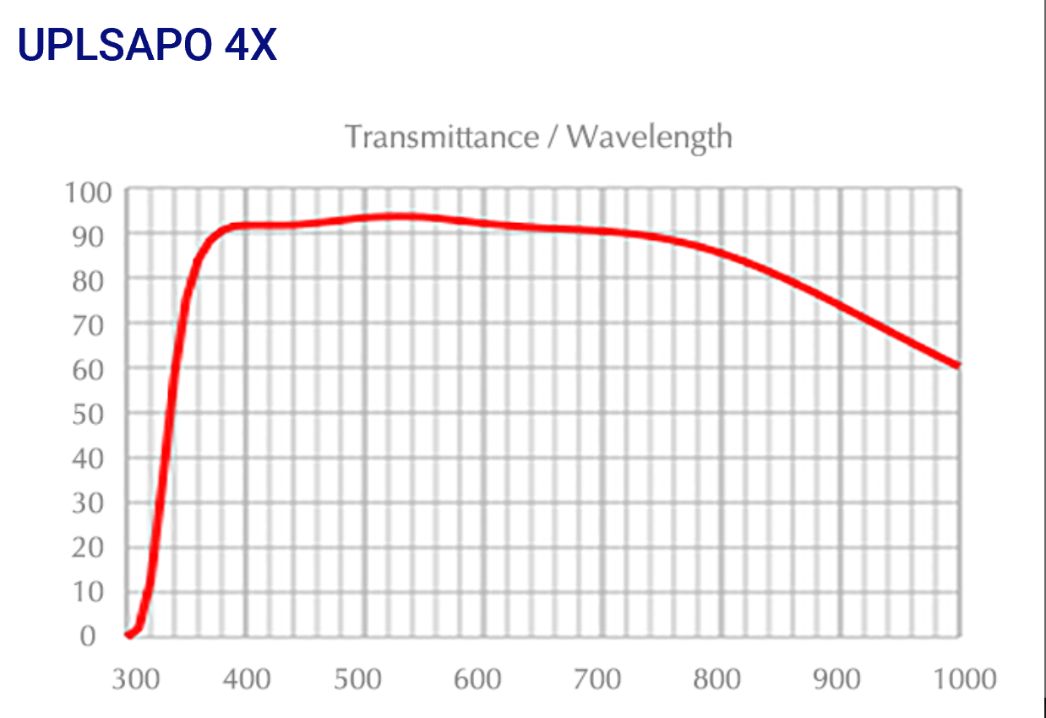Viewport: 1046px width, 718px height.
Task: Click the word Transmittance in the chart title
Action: (441, 136)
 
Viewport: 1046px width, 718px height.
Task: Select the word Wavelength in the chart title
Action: (650, 137)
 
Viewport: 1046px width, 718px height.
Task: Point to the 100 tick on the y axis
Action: (88, 193)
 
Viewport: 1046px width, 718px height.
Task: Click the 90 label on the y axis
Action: (93, 235)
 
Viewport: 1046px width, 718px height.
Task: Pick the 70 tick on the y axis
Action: (93, 324)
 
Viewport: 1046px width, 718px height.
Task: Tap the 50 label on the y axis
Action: (93, 413)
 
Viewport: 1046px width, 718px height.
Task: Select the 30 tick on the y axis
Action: (93, 503)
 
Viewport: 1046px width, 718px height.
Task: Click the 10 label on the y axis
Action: (93, 592)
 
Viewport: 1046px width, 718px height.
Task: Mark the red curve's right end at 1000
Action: (957, 365)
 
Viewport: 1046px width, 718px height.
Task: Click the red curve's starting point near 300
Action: (128, 634)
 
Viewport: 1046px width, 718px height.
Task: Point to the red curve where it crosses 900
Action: (841, 304)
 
